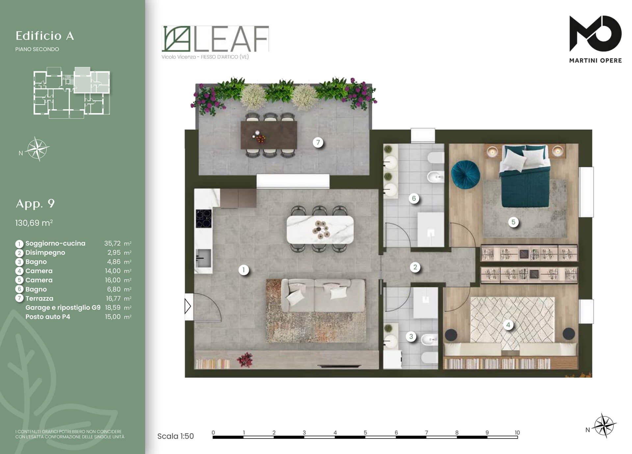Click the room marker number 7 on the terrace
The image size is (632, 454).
[318, 142]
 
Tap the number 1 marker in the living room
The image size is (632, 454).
[244, 270]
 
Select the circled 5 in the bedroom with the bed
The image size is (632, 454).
[513, 222]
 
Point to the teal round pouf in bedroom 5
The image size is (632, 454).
[465, 175]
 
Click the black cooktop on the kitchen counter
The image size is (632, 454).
[203, 219]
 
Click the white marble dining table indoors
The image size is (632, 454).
[320, 229]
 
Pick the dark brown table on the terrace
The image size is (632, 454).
[269, 135]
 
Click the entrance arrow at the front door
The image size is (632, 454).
[188, 306]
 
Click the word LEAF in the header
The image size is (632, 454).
[231, 39]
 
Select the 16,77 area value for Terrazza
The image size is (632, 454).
[113, 298]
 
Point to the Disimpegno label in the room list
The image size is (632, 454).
[45, 253]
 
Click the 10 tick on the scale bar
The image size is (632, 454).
[517, 433]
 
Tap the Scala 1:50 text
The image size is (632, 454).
[175, 436]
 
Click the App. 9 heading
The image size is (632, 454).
[35, 203]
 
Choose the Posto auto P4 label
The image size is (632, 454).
[48, 317]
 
